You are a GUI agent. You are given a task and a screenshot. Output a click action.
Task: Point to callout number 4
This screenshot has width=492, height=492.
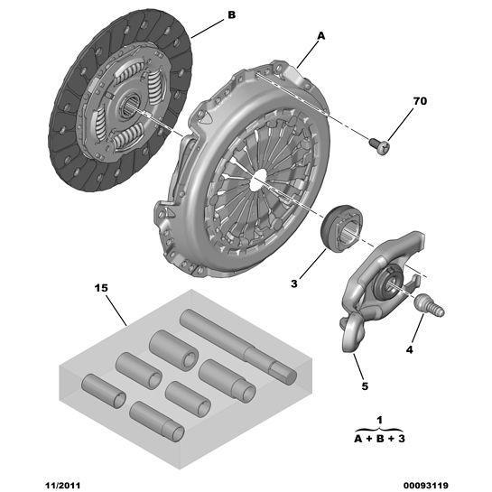pos(408,350)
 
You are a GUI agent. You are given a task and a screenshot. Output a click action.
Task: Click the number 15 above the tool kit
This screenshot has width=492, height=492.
pos(101,289)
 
